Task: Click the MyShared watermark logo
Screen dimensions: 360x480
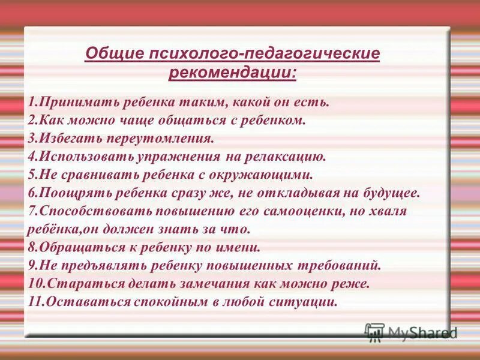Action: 411,331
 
